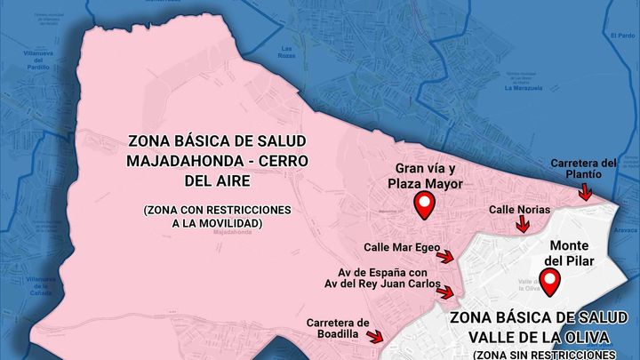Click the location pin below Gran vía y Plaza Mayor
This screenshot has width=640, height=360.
(426, 206)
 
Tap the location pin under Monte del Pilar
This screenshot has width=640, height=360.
(551, 283)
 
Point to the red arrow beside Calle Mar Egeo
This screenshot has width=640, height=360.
(446, 256)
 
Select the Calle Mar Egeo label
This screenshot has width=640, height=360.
(400, 246)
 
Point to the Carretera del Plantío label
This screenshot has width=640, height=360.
(582, 169)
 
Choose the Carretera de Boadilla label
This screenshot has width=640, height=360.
(337, 327)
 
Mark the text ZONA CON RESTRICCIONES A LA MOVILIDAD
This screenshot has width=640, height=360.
(217, 215)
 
